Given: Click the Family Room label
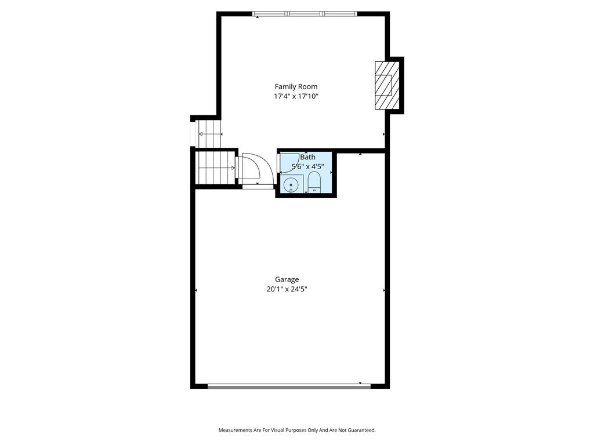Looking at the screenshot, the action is coord(296,87).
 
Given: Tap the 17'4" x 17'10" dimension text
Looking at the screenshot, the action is coord(296,97).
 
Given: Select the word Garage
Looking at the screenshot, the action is coord(287,280).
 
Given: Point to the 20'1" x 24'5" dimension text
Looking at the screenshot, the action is coord(287,290).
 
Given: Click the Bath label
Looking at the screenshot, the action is coord(307,157).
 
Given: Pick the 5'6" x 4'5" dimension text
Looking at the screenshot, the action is coord(307,166).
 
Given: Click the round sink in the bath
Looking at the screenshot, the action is coord(291,185).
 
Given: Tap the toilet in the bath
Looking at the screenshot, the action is coord(314,182).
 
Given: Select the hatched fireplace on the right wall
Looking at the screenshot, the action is coord(387,85).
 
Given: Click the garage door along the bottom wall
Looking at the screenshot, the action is coord(289,386).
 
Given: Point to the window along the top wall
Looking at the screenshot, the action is coord(305,14).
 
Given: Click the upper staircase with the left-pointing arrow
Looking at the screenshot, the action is coord(208,134).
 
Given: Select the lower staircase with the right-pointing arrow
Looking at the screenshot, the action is coord(215,167).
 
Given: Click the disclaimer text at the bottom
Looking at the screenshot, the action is coord(297,431).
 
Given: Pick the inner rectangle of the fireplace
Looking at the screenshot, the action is coord(383,85).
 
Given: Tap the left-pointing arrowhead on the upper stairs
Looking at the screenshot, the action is coord(201,134).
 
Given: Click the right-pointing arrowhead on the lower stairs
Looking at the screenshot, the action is coord(233,167).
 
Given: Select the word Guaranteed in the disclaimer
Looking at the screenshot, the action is coord(363,431).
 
